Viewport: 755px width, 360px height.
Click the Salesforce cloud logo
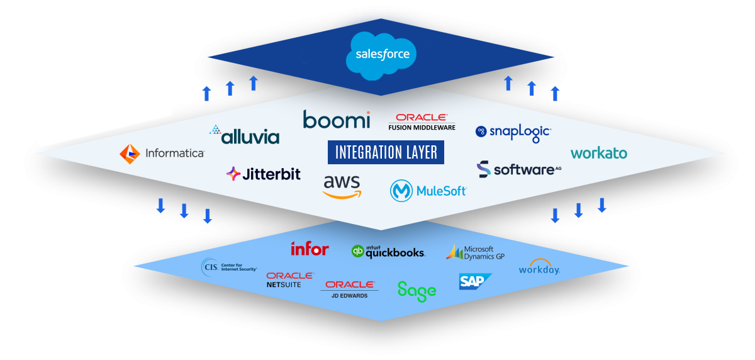click(x=382, y=55)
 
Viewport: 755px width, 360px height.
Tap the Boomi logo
click(x=336, y=119)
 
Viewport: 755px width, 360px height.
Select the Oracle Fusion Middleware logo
click(x=422, y=122)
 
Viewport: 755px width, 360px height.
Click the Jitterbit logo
click(x=264, y=174)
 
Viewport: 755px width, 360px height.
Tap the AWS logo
click(x=342, y=186)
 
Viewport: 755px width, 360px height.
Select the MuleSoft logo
click(x=428, y=190)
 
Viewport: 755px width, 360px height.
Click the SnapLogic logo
click(x=513, y=132)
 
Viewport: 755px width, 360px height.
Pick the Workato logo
click(x=598, y=153)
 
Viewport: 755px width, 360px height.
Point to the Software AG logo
click(x=518, y=169)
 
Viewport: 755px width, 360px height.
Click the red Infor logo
click(x=310, y=249)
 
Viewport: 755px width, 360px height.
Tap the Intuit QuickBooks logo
click(x=388, y=252)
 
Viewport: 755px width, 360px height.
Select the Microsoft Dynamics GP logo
click(x=476, y=252)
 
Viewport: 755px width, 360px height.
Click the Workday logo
click(x=539, y=267)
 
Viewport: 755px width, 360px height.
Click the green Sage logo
click(x=417, y=290)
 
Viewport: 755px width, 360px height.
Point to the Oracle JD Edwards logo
click(x=350, y=290)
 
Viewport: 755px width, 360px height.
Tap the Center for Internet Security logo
click(x=230, y=267)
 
